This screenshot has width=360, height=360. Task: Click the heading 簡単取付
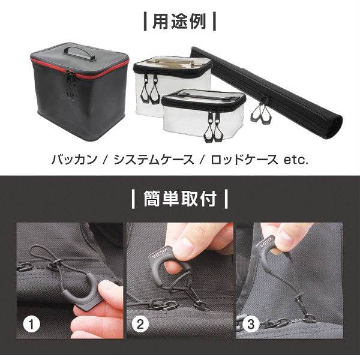(181, 198)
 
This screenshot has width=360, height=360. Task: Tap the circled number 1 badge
(31, 325)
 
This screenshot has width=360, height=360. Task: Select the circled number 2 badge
(140, 325)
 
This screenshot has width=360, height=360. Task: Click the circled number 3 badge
(250, 325)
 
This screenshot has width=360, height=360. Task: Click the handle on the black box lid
(80, 52)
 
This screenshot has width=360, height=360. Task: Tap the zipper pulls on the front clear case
(211, 127)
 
